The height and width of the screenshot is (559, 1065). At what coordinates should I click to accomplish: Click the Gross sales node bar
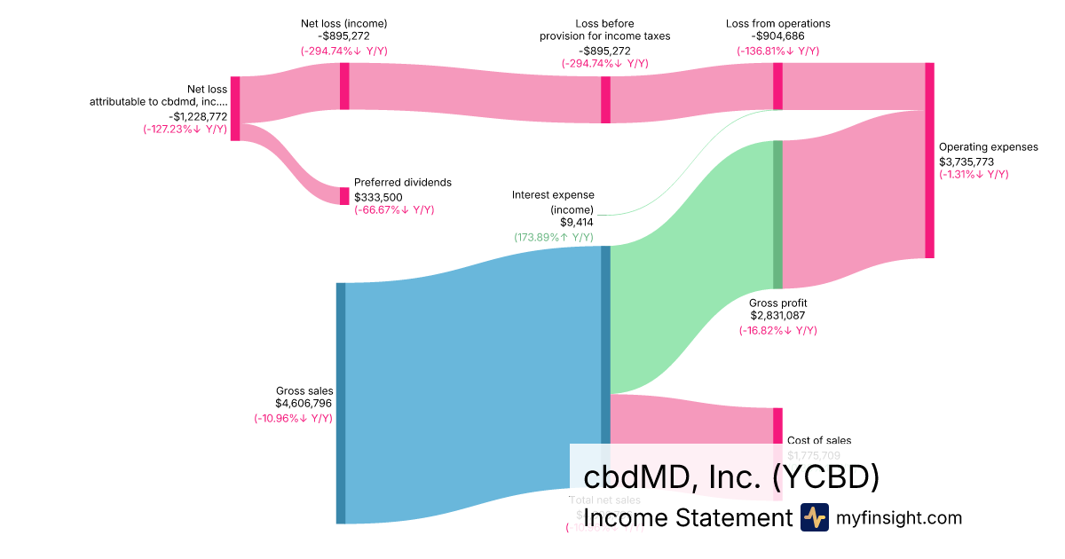click(x=341, y=403)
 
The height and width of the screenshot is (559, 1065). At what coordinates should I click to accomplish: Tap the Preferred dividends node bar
click(x=344, y=196)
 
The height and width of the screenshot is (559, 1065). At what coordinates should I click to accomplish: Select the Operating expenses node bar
click(x=929, y=161)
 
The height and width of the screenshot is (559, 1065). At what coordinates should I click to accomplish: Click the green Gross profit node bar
click(x=777, y=215)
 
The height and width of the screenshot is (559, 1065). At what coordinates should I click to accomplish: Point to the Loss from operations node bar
click(x=777, y=86)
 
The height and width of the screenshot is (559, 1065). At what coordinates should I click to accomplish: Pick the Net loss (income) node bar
click(x=344, y=86)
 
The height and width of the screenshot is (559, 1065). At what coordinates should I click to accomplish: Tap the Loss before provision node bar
click(x=605, y=99)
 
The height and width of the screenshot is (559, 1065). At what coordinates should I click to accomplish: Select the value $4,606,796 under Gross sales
click(x=304, y=404)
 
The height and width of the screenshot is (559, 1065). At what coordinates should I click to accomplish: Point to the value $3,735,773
click(x=966, y=161)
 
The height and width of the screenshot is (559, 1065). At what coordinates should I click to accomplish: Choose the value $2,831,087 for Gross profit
click(x=778, y=316)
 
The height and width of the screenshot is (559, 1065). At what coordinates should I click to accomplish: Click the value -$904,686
click(x=778, y=37)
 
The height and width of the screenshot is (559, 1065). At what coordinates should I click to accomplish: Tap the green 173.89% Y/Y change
click(x=554, y=238)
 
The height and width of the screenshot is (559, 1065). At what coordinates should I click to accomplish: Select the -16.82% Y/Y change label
click(x=778, y=330)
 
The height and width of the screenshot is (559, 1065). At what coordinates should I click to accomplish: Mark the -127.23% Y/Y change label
click(x=185, y=130)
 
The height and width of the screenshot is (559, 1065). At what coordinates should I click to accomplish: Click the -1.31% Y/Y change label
click(x=974, y=175)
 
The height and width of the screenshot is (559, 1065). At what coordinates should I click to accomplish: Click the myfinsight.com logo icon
click(x=814, y=517)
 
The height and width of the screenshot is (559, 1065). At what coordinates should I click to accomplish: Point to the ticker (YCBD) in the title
click(x=826, y=477)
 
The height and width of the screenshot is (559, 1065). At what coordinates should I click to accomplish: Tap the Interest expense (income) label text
click(x=553, y=201)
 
